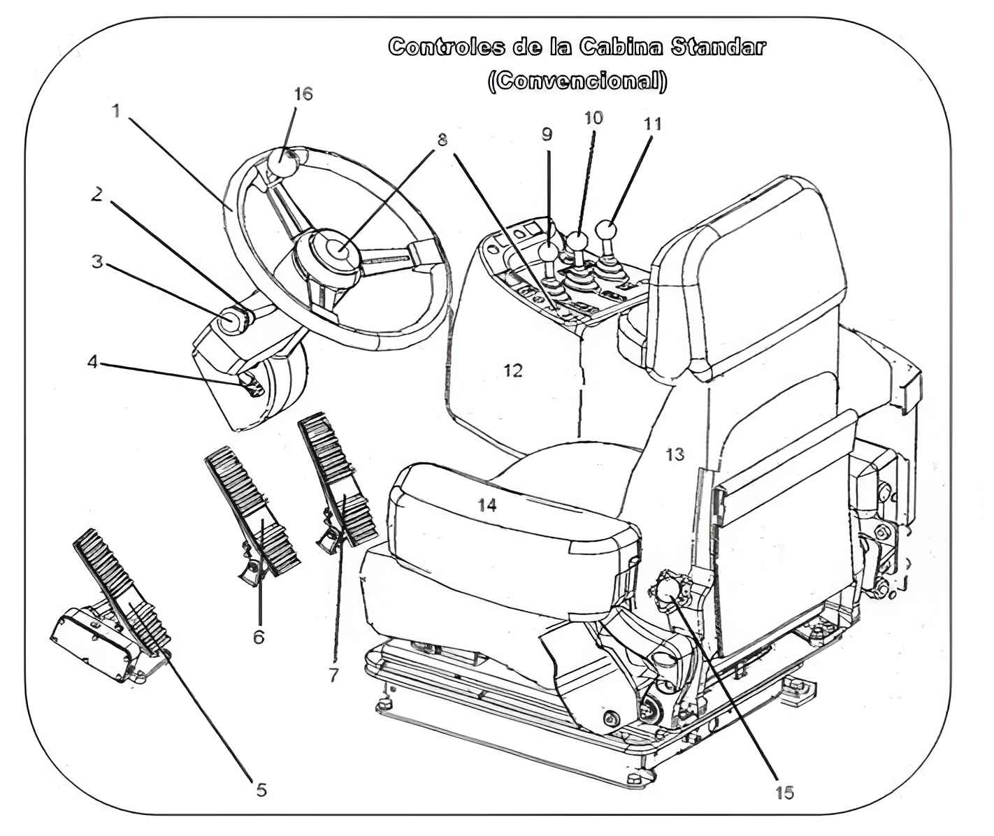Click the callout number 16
tap(303, 94)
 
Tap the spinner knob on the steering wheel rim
tap(282, 166)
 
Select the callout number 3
tap(97, 261)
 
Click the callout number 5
tap(261, 790)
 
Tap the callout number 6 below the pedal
tap(259, 637)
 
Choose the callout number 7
tap(333, 675)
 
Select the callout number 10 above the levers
tap(593, 117)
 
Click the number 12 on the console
tap(513, 370)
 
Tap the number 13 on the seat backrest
tap(675, 454)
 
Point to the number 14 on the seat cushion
tap(487, 505)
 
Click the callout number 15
tap(784, 793)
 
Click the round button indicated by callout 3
tap(229, 323)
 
